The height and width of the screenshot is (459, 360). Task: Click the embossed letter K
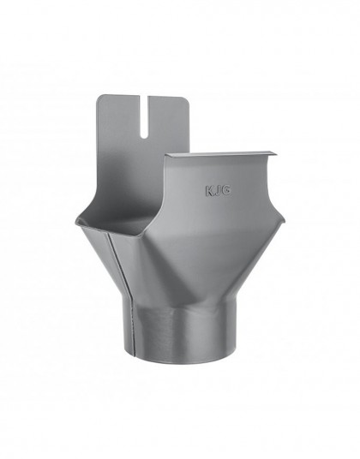[x=210, y=191]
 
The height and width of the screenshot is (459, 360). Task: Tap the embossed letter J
[x=218, y=191]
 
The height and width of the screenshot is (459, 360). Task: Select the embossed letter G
[x=227, y=191]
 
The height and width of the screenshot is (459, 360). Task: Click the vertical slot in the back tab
[x=144, y=116]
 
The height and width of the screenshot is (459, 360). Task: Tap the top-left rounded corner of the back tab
[x=99, y=97]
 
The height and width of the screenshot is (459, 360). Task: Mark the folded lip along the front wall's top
[x=221, y=154]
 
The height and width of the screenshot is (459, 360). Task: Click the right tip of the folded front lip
[x=277, y=152]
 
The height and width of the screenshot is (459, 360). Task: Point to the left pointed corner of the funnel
[x=75, y=219]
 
